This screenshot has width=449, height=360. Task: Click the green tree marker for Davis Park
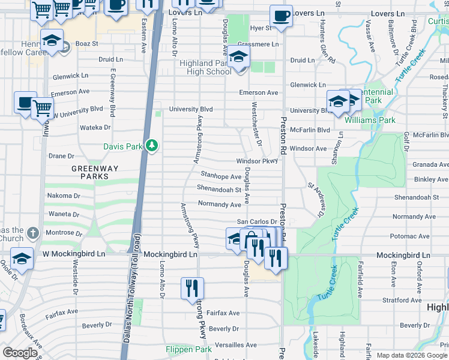click(152, 145)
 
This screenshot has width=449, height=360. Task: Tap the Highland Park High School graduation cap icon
click(238, 58)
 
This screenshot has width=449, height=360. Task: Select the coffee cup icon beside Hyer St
click(280, 16)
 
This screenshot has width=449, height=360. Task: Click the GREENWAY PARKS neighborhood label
click(91, 173)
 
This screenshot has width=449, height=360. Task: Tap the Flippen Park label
click(188, 349)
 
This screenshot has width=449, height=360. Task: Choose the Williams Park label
click(370, 120)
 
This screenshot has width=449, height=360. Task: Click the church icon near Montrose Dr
click(32, 232)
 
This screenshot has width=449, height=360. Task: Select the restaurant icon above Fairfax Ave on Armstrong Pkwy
click(192, 288)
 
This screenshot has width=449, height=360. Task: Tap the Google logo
click(20, 353)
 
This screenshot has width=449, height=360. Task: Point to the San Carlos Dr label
click(256, 222)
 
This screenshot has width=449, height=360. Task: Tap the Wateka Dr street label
click(96, 128)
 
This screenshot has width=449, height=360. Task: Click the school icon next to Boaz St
click(52, 41)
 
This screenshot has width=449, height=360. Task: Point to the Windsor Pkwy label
click(257, 161)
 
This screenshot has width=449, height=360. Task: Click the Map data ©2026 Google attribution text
click(412, 355)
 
